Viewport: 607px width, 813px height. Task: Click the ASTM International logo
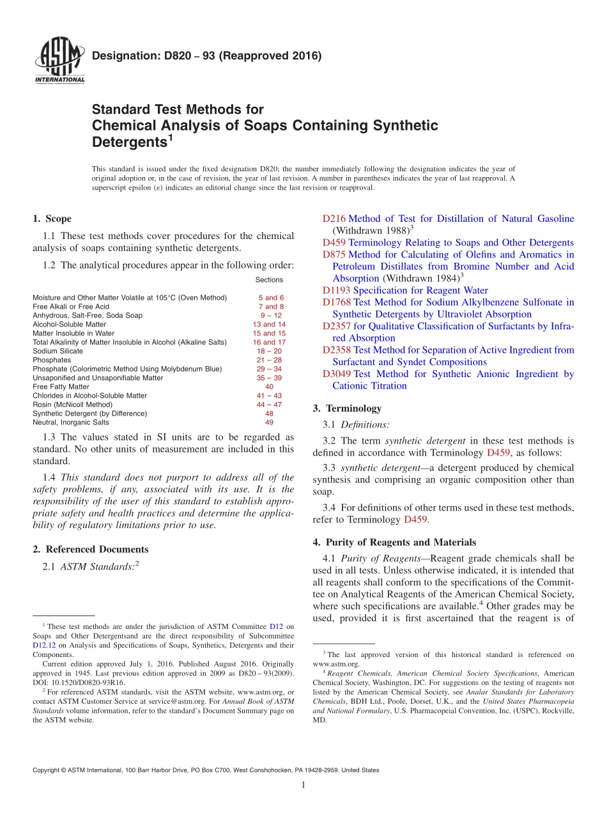click(59, 61)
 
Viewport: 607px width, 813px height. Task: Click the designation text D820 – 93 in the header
click(206, 56)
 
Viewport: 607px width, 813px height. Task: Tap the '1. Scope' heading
click(52, 219)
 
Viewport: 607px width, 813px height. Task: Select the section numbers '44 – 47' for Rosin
click(269, 405)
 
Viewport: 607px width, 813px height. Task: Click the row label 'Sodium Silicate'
click(58, 351)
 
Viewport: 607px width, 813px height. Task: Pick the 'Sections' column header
click(269, 279)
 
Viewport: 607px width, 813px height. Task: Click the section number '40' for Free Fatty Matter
click(269, 387)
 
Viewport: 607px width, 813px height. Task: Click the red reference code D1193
click(336, 290)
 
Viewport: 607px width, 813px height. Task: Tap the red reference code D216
click(334, 219)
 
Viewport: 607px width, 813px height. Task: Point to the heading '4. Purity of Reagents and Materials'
click(394, 542)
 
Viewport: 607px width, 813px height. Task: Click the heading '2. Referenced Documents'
click(90, 549)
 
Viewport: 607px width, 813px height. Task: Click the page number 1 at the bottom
click(303, 785)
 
